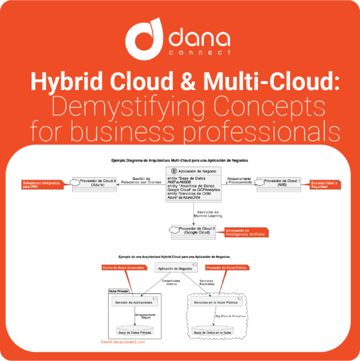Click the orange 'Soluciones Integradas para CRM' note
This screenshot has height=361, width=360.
click(39, 184)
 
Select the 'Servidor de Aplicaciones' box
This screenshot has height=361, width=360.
click(134, 303)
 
